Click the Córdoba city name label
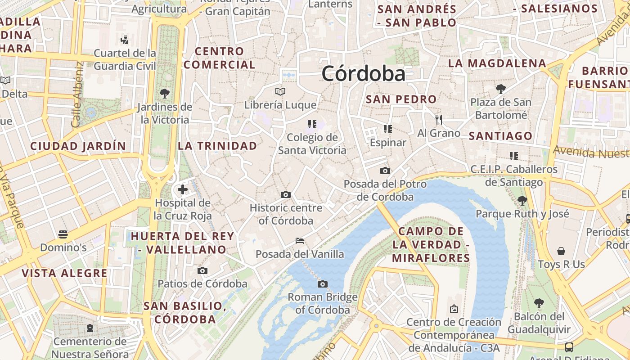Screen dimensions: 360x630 click(364, 73)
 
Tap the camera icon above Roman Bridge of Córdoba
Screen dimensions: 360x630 click(322, 284)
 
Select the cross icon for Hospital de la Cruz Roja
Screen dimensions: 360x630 click(182, 189)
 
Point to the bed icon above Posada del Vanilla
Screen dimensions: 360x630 click(300, 241)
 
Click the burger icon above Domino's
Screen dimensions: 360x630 click(63, 234)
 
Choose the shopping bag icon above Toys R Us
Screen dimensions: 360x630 click(561, 251)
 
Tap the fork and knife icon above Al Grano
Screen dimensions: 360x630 click(439, 119)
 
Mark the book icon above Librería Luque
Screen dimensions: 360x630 click(280, 92)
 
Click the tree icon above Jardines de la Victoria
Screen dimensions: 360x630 click(165, 94)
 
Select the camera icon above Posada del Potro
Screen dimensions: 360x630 click(385, 171)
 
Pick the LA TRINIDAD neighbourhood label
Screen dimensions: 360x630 click(217, 146)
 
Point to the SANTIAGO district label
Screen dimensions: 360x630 click(500, 136)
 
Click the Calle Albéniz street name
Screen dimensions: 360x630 click(77, 94)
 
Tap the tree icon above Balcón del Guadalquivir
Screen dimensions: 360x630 click(539, 303)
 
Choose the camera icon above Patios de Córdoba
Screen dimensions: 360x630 click(202, 270)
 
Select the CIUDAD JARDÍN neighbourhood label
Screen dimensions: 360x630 click(78, 146)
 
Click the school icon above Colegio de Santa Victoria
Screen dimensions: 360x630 click(312, 124)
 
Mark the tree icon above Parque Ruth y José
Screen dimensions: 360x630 click(522, 200)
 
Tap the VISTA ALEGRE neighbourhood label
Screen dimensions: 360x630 click(65, 273)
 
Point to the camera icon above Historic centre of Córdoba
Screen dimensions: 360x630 click(285, 195)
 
